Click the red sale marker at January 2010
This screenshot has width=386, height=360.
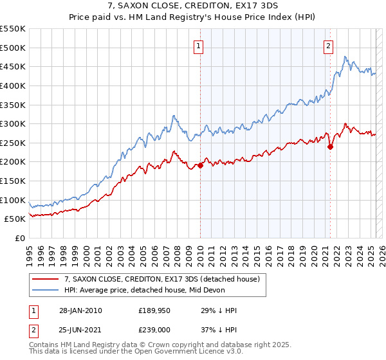click(x=200, y=165)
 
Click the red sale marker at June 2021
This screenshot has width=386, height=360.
click(x=330, y=147)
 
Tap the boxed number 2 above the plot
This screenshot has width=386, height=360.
click(x=328, y=46)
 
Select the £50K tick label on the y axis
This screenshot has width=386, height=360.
click(x=15, y=219)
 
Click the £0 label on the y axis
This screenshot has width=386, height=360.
click(x=19, y=238)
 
